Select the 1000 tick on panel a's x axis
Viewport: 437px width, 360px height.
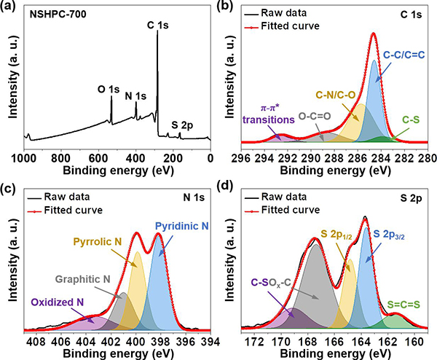click(x=27, y=156)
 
